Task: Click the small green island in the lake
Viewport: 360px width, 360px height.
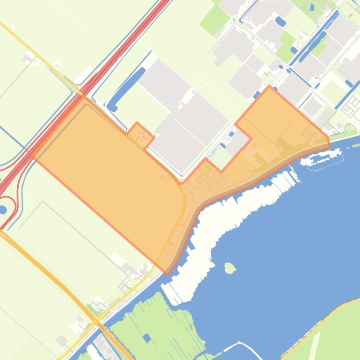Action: point(229,268)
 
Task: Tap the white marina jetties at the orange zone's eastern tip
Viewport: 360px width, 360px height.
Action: point(323,159)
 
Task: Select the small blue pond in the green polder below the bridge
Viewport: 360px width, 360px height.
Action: point(147,337)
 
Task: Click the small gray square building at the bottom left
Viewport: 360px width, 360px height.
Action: point(61,340)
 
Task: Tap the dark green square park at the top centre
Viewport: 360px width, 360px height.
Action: point(215,20)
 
